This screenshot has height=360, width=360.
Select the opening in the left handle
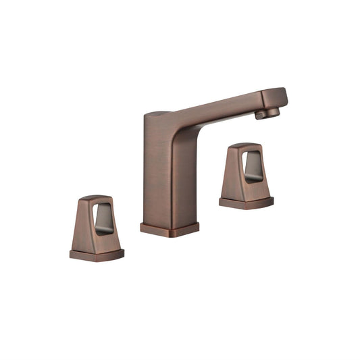pyautogui.click(x=104, y=219)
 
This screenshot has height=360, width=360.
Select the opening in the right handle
pyautogui.click(x=253, y=166)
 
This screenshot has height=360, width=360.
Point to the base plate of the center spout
pyautogui.click(x=170, y=228)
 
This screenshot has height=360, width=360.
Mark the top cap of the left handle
pyautogui.click(x=95, y=199)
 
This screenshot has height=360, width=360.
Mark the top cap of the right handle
pyautogui.click(x=244, y=145)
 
